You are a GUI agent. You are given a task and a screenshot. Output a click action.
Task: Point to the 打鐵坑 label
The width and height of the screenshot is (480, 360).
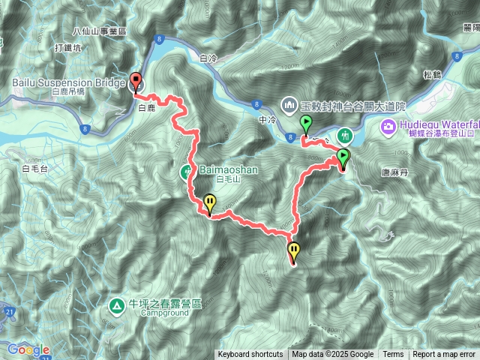(46, 48)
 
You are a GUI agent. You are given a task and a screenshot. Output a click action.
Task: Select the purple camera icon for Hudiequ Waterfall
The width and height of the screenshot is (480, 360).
(388, 124)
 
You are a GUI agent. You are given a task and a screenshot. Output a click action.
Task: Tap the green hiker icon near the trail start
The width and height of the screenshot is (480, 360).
(344, 136)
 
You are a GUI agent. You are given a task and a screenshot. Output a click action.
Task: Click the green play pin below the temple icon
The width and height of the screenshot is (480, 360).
(306, 124)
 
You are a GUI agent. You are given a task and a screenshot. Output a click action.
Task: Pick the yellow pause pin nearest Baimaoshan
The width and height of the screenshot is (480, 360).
(210, 202)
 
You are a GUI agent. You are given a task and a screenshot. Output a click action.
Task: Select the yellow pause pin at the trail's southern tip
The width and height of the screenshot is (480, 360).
(293, 252)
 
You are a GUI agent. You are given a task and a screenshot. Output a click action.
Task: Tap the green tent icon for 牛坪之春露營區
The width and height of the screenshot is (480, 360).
(117, 306)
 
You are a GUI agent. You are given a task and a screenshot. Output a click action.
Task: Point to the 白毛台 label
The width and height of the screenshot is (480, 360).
(35, 169)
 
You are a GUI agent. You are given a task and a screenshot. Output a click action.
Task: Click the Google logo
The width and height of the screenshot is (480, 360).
(28, 349)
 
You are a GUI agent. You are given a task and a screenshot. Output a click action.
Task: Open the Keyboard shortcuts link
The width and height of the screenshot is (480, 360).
(250, 355)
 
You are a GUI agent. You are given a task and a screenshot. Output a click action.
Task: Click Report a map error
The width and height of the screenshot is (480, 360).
(444, 355)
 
